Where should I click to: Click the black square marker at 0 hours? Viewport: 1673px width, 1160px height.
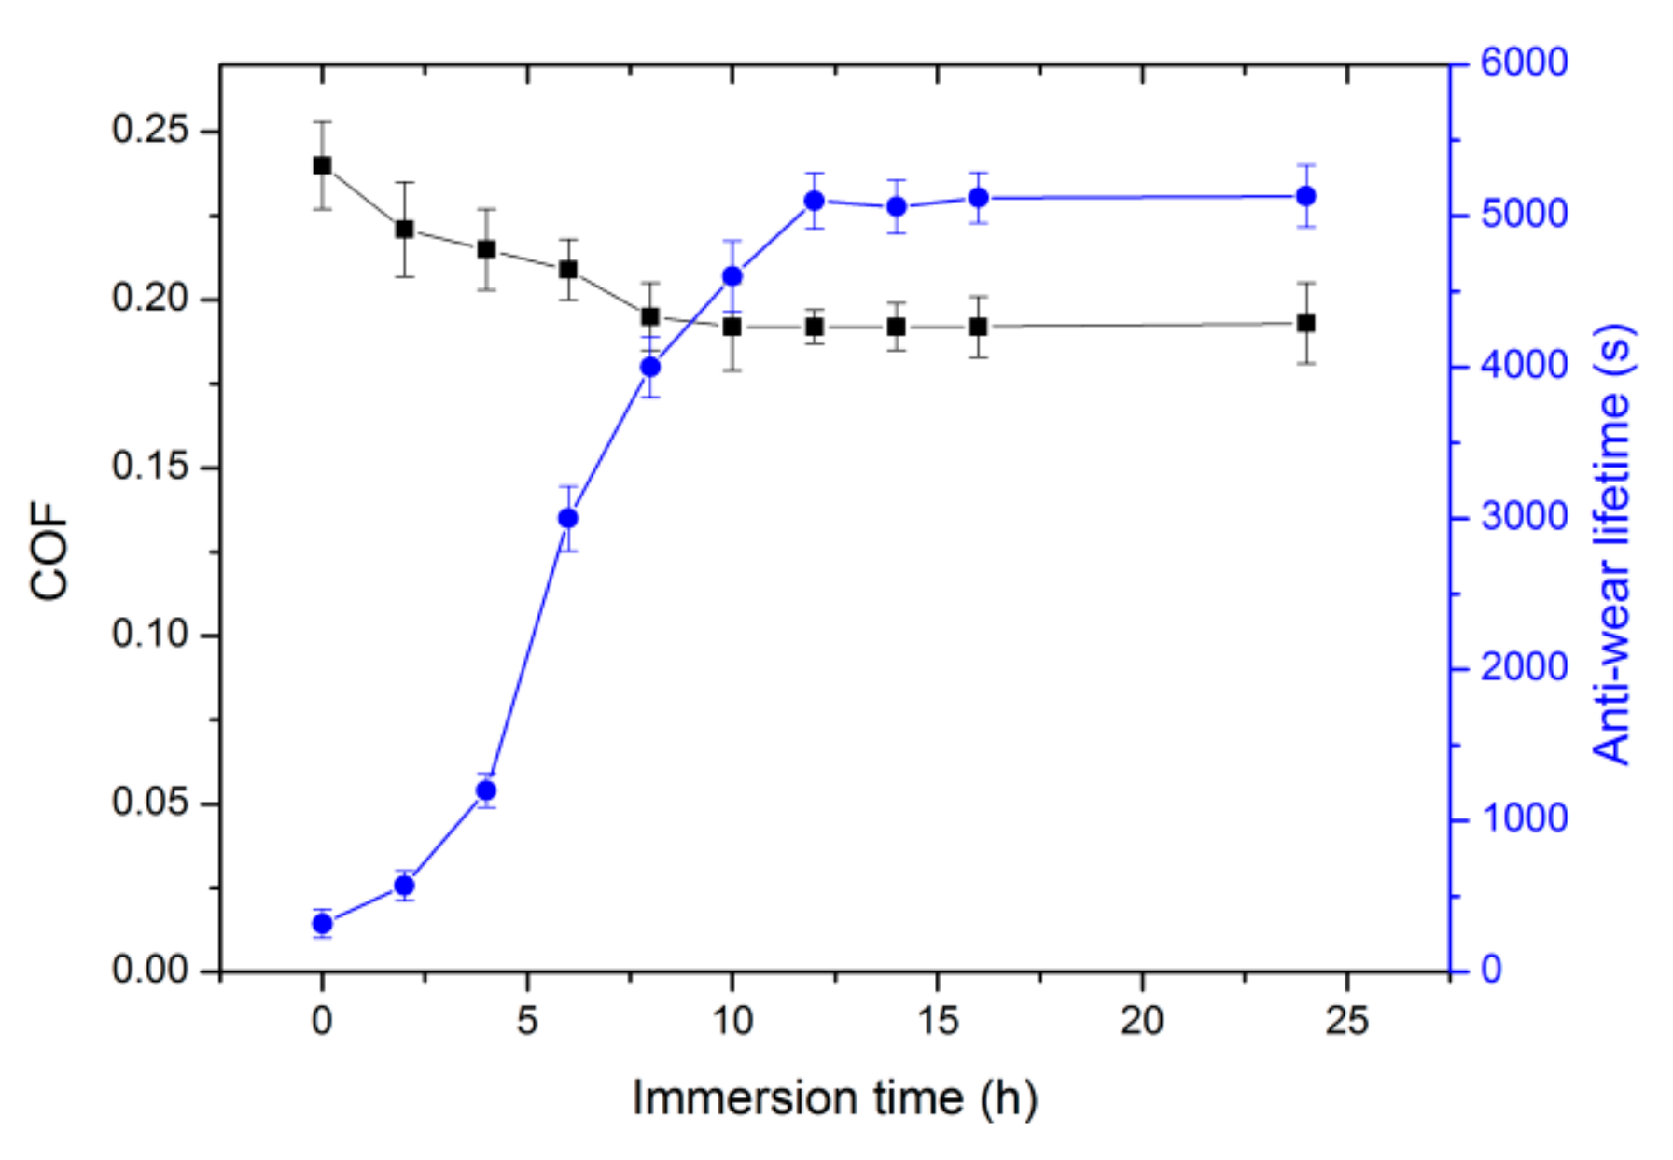322,165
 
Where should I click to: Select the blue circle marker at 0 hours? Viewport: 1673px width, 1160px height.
322,924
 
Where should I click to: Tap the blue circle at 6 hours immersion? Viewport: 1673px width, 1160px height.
568,518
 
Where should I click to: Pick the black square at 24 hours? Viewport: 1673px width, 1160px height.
1306,323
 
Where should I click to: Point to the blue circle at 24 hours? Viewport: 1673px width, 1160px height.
1306,196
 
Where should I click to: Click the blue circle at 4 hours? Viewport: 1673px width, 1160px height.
486,790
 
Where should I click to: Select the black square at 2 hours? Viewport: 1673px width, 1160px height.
404,229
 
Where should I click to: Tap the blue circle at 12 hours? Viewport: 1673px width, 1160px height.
815,201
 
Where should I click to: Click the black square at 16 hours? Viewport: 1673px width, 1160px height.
978,327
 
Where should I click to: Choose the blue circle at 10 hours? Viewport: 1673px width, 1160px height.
732,276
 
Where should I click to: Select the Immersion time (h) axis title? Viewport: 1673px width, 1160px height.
834,1097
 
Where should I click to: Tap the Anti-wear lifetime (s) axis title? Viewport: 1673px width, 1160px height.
1611,545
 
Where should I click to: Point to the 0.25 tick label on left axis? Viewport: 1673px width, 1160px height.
149,130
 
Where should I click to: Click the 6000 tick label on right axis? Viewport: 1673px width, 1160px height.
1523,63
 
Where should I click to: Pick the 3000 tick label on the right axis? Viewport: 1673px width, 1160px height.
1523,516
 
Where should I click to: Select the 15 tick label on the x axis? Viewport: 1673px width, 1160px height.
937,1021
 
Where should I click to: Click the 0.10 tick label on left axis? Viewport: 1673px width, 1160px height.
149,635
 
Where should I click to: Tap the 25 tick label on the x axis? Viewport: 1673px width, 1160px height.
1346,1021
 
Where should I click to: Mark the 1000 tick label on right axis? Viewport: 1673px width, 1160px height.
1523,818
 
